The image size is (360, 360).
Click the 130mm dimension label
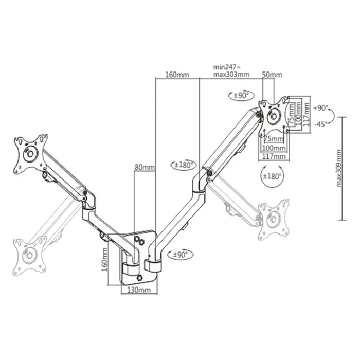tap(139, 290)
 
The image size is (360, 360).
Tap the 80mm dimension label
tap(145, 167)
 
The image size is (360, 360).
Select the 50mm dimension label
tap(272, 75)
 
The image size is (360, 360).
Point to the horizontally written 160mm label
tap(177, 75)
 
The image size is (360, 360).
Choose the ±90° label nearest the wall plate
tap(183, 254)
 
